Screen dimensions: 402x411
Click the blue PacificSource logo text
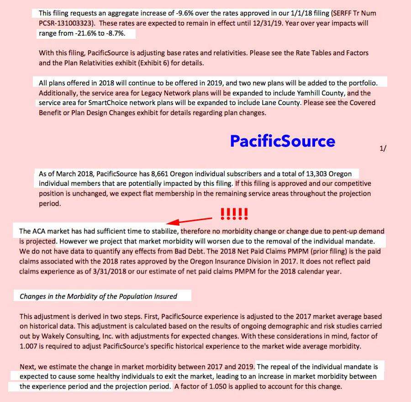click(x=282, y=141)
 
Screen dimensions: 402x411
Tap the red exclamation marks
click(x=234, y=213)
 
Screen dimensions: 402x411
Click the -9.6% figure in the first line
click(x=176, y=14)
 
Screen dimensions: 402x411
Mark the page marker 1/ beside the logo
click(x=383, y=149)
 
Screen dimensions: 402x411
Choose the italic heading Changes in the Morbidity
click(x=98, y=296)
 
